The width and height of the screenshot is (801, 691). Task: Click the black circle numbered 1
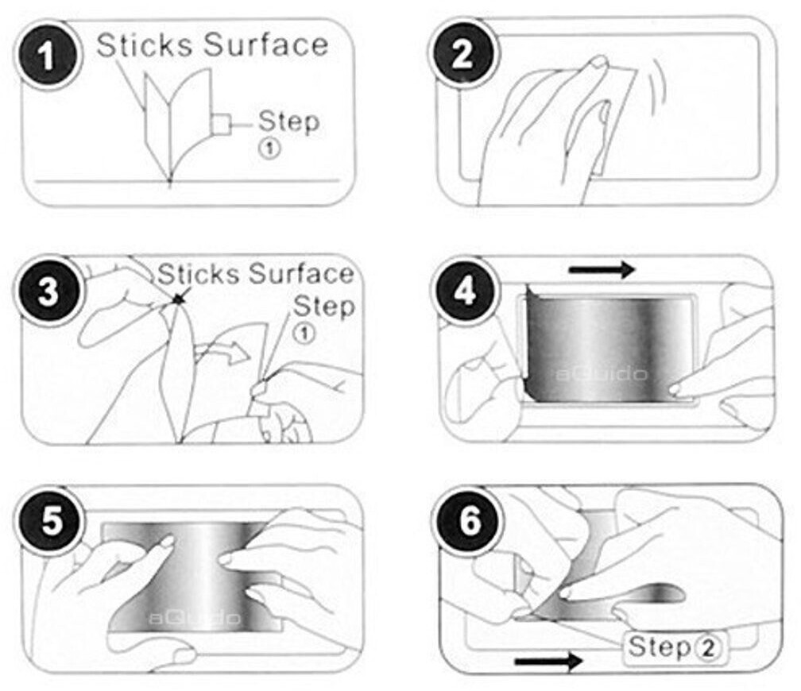pos(48,55)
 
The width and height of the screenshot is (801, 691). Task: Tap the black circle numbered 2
pos(462,54)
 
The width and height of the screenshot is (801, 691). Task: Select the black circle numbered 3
pos(48,291)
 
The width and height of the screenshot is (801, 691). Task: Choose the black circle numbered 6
pos(470,521)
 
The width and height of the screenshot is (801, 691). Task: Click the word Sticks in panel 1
pos(145,45)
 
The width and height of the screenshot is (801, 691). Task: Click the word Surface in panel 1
pos(265,45)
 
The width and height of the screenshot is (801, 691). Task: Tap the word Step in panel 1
pos(288,122)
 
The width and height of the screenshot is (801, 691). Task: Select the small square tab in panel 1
pos(221,124)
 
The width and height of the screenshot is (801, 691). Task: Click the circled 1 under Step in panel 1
pos(269,149)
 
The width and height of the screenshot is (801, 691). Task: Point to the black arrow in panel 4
pos(602,269)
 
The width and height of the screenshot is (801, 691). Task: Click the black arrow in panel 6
pos(548,662)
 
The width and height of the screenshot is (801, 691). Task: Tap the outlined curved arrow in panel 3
pos(224,351)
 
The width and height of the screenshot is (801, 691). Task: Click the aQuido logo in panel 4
pos(602,374)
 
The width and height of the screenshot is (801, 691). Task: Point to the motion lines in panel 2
pos(655,92)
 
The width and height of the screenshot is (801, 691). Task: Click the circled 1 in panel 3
pos(304,334)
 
